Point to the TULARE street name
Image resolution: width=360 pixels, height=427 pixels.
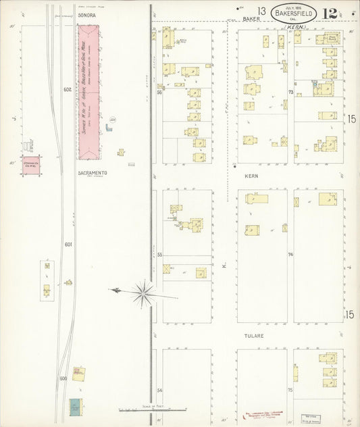pos(254,336)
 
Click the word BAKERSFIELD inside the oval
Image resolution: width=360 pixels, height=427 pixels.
pos(294,12)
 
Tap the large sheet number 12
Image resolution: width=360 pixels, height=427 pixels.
pos(330,13)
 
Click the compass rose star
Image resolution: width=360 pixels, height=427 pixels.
pos(143,293)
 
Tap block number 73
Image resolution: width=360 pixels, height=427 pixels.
pos(290,91)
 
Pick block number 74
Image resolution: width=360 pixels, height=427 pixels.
pos(290,255)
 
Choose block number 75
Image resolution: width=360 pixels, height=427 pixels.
pos(290,391)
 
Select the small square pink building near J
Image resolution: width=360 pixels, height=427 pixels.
pos(30,165)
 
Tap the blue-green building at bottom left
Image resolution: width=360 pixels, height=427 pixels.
pos(74,407)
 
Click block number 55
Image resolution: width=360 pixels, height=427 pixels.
pos(160,255)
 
